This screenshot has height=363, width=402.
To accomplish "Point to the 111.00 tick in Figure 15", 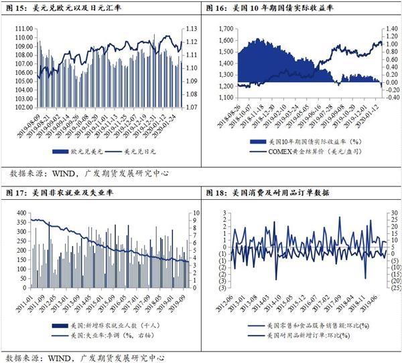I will [x=25, y=28].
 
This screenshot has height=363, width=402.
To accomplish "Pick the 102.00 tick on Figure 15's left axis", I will [x=25, y=107].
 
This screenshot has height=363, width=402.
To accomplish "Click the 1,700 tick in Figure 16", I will [x=225, y=29].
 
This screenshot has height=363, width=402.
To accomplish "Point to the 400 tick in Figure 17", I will [x=19, y=213].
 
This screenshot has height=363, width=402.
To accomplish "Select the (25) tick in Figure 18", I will [x=393, y=288].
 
